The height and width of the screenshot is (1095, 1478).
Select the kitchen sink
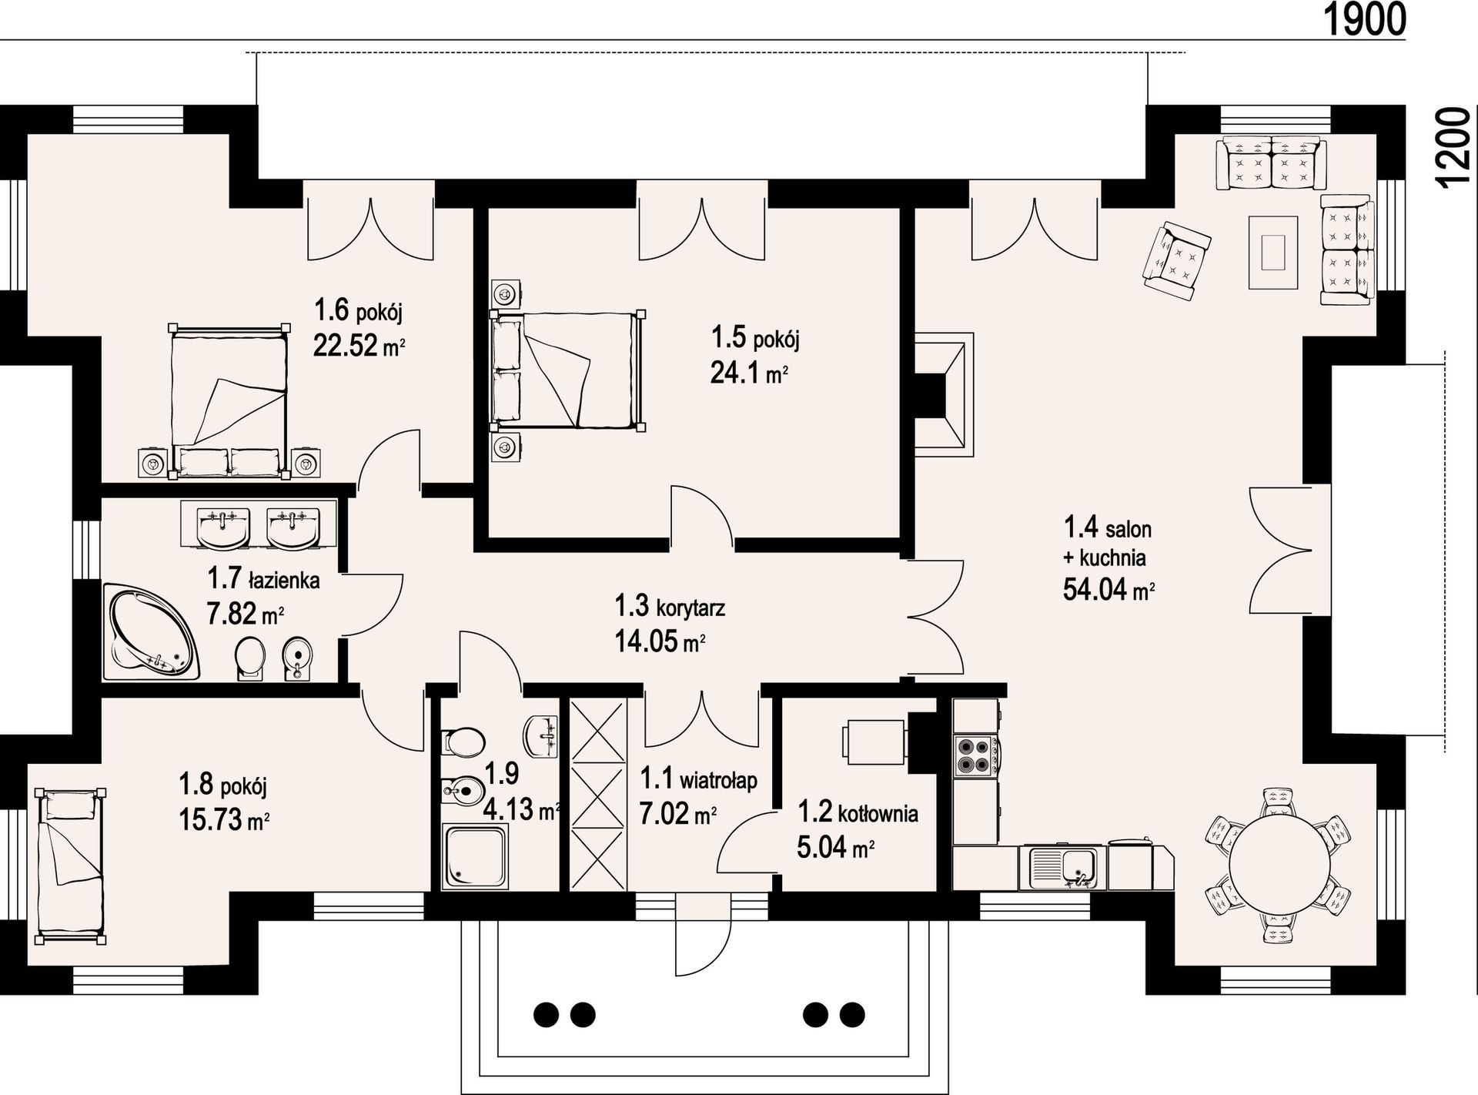click(1062, 869)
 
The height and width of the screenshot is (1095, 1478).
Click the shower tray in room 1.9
click(475, 857)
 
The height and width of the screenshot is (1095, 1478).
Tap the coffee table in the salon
click(1273, 252)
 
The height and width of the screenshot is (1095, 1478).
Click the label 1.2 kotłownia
click(858, 812)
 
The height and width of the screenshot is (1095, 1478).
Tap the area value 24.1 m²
click(748, 373)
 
